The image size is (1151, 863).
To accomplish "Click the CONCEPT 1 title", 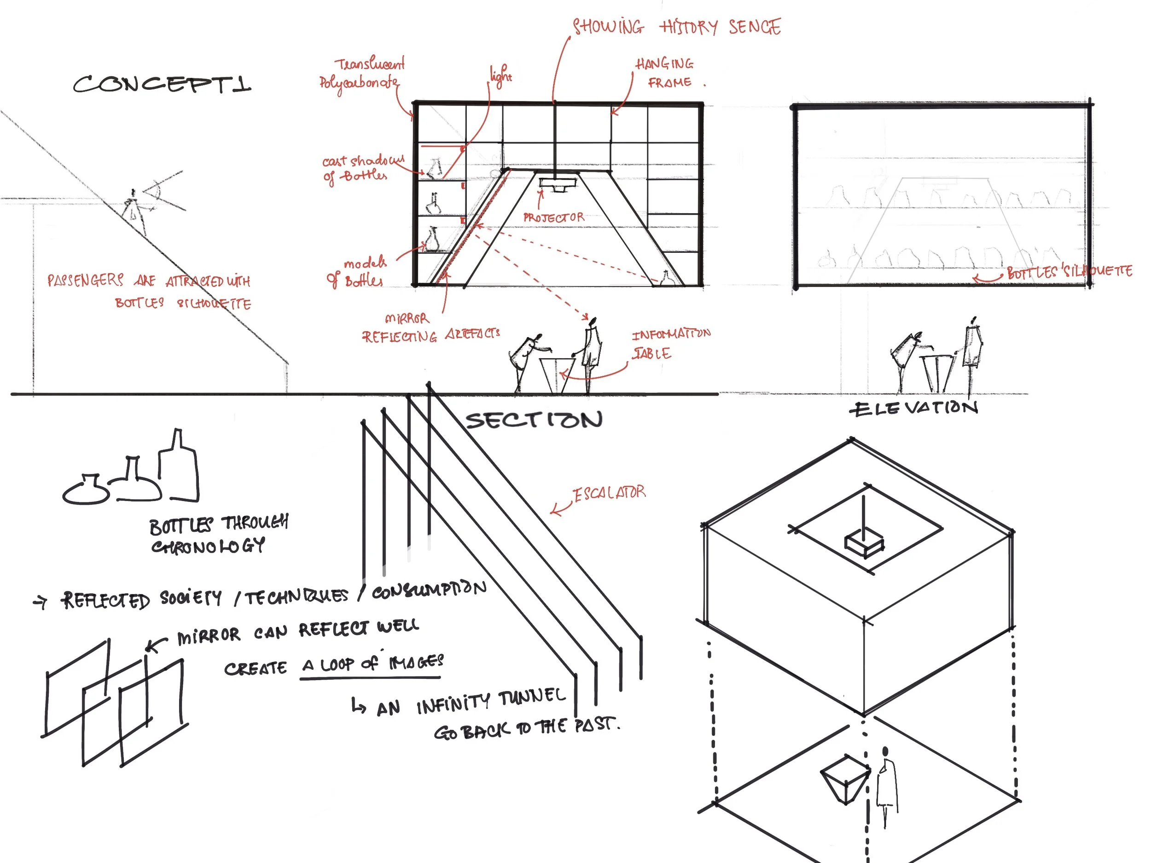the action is tap(161, 84).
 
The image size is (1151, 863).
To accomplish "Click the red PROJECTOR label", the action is tap(554, 217).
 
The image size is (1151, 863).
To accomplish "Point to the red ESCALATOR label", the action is tap(609, 493).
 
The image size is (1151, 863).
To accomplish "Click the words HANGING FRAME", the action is tap(666, 73).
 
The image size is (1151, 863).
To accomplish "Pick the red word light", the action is tap(500, 76).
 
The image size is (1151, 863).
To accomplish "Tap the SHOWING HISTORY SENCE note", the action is tap(676, 26).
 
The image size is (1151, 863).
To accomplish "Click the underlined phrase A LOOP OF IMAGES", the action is tap(372, 664).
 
